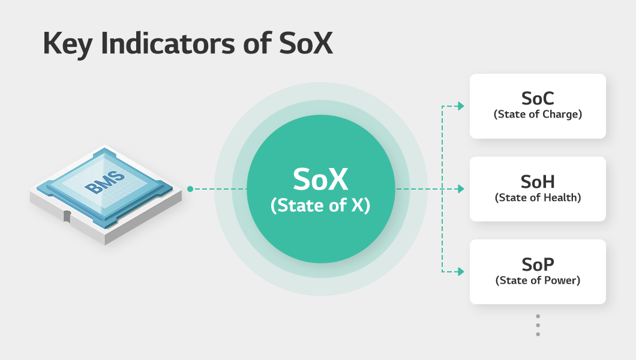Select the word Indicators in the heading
(168, 43)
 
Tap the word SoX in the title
(306, 43)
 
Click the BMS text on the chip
(104, 182)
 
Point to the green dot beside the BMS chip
(190, 189)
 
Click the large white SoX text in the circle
(320, 179)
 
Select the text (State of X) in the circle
(320, 205)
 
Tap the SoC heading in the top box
(538, 98)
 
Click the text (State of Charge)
(538, 115)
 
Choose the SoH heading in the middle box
(538, 182)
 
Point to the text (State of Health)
(538, 197)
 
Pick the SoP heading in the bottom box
(538, 265)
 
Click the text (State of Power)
(538, 280)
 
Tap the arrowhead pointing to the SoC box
(461, 106)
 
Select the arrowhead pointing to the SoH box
(461, 189)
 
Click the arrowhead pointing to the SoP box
(461, 272)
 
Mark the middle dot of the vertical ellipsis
(538, 325)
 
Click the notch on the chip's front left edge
(67, 217)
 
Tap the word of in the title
(257, 43)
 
